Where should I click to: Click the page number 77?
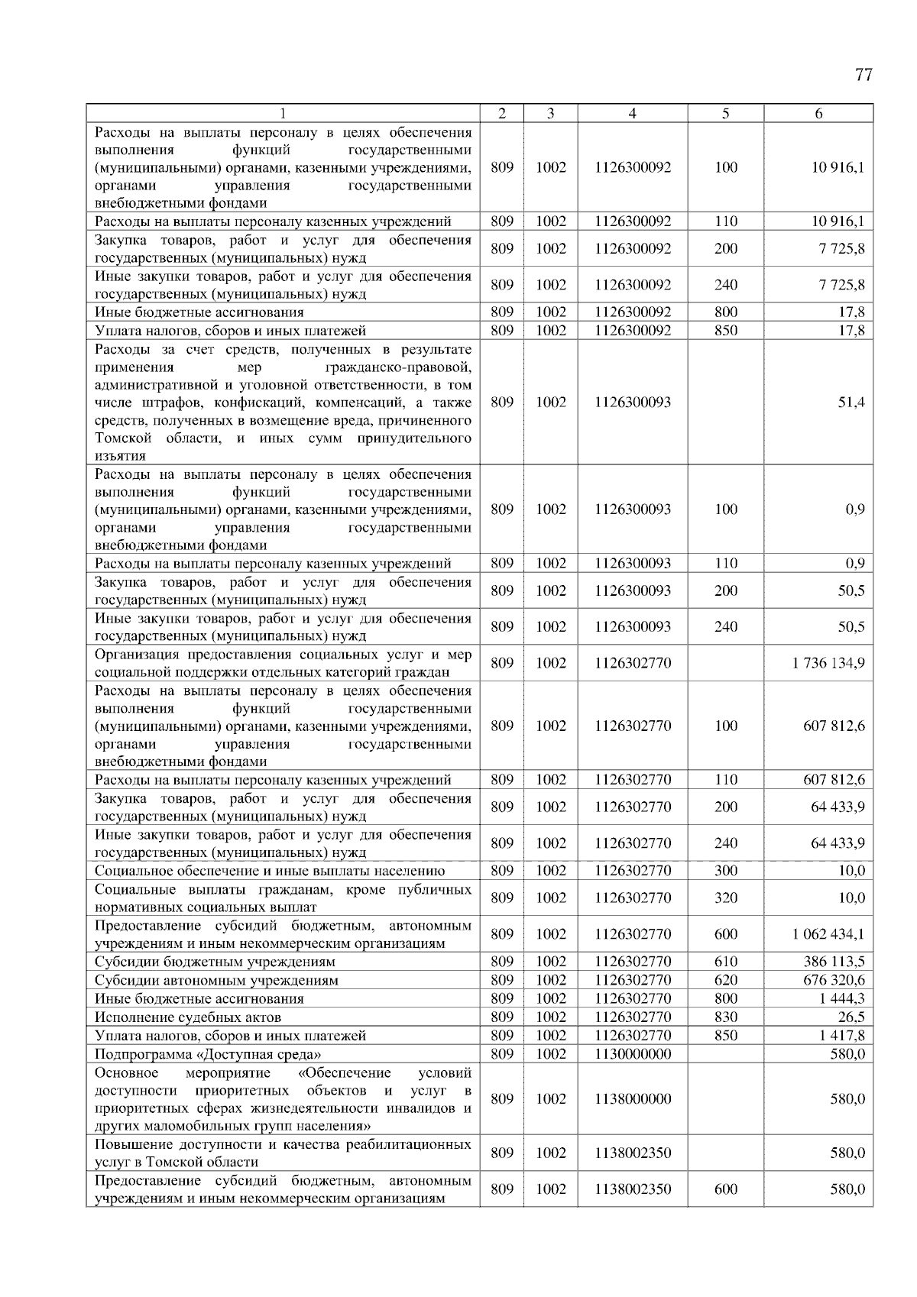click(x=863, y=75)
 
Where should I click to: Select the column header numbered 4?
click(x=632, y=113)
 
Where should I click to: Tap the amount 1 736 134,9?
click(x=829, y=663)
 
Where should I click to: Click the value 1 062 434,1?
click(x=829, y=934)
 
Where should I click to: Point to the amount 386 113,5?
click(x=834, y=962)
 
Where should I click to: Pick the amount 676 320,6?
click(x=834, y=980)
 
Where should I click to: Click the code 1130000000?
click(x=633, y=1053)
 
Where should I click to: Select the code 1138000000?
click(x=633, y=1098)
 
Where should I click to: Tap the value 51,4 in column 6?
click(x=851, y=402)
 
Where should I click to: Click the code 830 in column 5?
click(x=726, y=1017)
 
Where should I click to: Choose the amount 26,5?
click(x=851, y=1017)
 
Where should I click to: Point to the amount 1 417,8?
click(x=844, y=1035)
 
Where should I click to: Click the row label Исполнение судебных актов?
click(x=188, y=1017)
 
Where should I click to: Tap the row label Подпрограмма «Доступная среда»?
click(x=207, y=1053)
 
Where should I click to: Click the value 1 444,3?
click(x=844, y=998)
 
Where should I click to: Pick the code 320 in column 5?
click(x=726, y=898)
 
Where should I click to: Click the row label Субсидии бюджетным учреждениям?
click(x=215, y=962)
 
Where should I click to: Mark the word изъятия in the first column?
click(x=120, y=456)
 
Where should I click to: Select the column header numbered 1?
click(x=283, y=113)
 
